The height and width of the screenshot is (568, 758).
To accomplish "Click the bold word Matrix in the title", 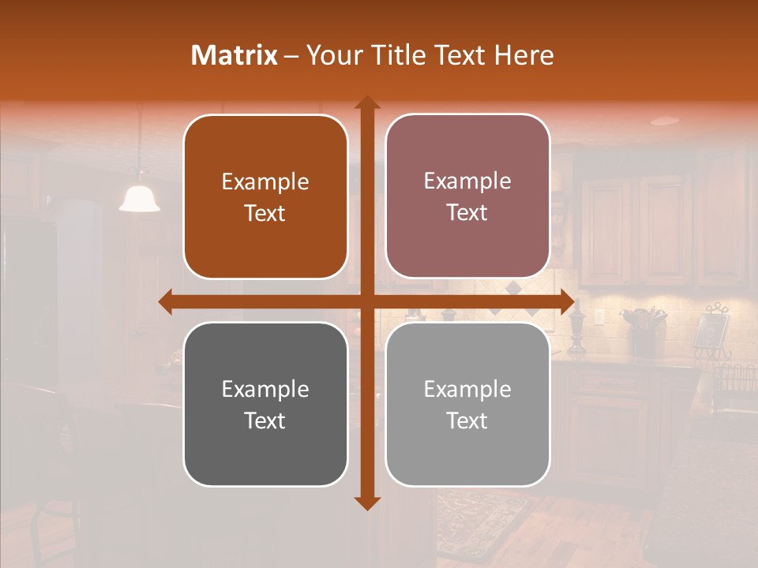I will [234, 55].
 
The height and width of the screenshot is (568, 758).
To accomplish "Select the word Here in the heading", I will [523, 55].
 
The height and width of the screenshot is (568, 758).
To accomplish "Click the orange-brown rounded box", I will [265, 197].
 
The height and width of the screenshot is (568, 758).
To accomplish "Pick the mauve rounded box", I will [467, 196].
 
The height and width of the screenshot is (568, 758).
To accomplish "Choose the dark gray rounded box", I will [265, 404].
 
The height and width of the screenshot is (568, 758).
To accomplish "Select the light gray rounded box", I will [467, 404].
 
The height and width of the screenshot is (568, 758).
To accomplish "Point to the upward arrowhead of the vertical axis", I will [366, 103].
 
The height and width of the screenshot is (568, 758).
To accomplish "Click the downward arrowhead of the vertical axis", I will [366, 503].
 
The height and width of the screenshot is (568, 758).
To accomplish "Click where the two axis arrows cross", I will [366, 301].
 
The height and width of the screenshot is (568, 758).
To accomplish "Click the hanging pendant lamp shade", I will [140, 200].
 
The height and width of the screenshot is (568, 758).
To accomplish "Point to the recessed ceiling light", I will [665, 121].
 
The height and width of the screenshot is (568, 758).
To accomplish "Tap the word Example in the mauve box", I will [467, 181].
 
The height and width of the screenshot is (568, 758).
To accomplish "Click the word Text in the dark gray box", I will [265, 420].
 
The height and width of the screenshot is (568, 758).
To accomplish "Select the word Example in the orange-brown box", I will [265, 182].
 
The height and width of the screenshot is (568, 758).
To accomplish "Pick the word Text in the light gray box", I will [467, 420].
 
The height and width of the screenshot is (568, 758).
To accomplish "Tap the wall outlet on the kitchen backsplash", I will [599, 318].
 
